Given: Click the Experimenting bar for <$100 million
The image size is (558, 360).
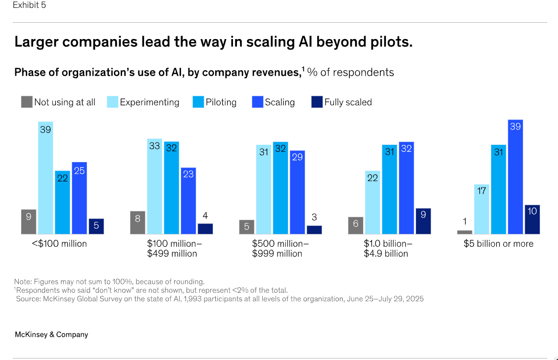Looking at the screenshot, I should (x=46, y=178).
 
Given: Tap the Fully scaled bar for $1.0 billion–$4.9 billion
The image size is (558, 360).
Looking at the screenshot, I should (x=423, y=221).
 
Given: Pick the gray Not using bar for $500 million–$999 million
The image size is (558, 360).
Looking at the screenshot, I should (x=246, y=227).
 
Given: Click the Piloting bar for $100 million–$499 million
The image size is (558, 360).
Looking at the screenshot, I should (x=171, y=187).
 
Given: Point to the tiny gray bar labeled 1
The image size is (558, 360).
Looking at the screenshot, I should (x=465, y=232).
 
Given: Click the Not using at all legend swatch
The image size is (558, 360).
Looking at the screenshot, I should (x=27, y=102).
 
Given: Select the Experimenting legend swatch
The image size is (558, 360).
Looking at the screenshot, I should (x=112, y=102).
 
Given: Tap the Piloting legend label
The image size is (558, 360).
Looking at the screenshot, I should (x=221, y=102).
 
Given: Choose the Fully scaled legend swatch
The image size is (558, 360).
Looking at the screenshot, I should (x=317, y=102).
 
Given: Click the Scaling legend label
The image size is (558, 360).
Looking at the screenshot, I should (x=280, y=102).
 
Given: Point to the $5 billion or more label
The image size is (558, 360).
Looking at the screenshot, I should (x=499, y=244).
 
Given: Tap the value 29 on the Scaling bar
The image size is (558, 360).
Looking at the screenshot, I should (x=297, y=157).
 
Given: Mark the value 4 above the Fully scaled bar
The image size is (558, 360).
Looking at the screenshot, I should (x=205, y=216).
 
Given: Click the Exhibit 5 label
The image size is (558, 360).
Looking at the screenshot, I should (x=30, y=5).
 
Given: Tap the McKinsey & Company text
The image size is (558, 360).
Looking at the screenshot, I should (x=51, y=335).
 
